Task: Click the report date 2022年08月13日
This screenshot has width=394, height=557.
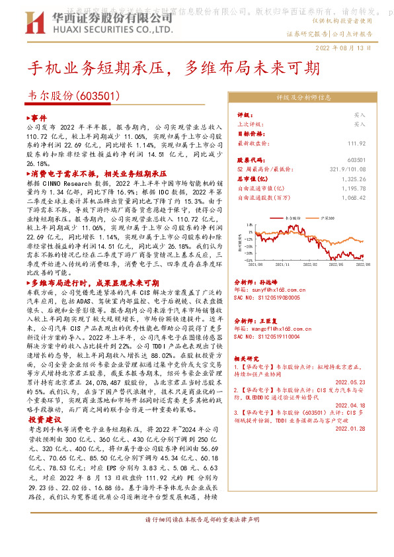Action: (x=346, y=48)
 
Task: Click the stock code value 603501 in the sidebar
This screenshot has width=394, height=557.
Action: (x=356, y=160)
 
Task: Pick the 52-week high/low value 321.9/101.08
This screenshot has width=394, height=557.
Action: (x=346, y=169)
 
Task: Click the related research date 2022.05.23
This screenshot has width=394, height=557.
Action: (x=350, y=381)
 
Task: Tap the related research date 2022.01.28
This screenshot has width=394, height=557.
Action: (x=350, y=428)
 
